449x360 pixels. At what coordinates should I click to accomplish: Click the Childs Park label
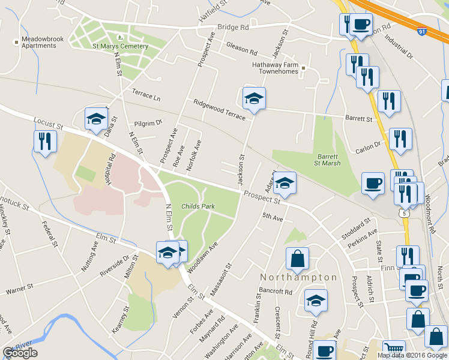coord(197,206)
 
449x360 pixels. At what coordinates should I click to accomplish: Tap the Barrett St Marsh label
coord(328,159)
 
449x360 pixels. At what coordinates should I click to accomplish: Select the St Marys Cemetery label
coord(120,46)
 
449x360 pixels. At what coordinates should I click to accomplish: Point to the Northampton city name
coord(298,277)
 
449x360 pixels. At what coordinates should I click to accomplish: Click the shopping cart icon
coord(393,350)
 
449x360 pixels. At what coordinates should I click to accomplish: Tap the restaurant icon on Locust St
coord(45,142)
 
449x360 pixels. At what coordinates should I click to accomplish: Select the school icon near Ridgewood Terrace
coord(254,98)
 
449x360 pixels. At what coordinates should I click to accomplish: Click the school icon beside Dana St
coord(96,119)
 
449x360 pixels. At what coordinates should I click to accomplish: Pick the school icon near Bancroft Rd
coord(316,301)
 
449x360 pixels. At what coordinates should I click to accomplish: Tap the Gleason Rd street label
coord(241,47)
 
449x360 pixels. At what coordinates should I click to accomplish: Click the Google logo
coord(20,353)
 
